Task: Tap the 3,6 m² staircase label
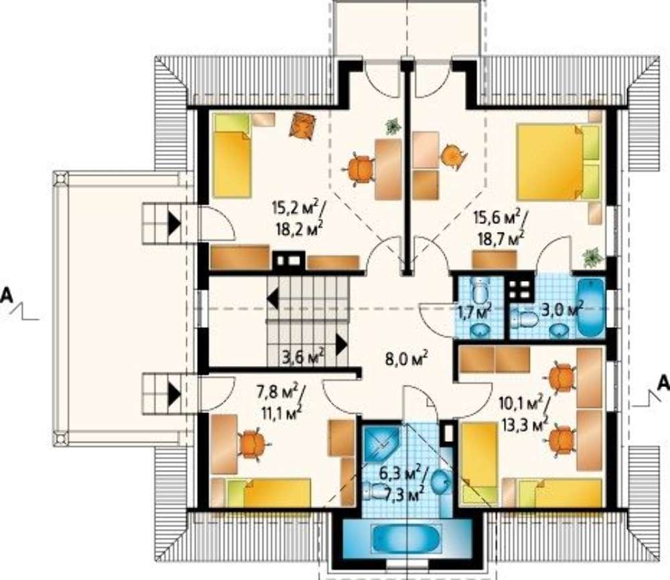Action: [x=304, y=356]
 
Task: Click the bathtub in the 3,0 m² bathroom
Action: [x=592, y=307]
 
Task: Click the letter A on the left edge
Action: [x=7, y=296]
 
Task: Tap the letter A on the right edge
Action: [x=663, y=382]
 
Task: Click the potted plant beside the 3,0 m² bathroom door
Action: [x=593, y=257]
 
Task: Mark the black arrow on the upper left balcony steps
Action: [x=174, y=224]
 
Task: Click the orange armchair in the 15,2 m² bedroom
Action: [x=303, y=125]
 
